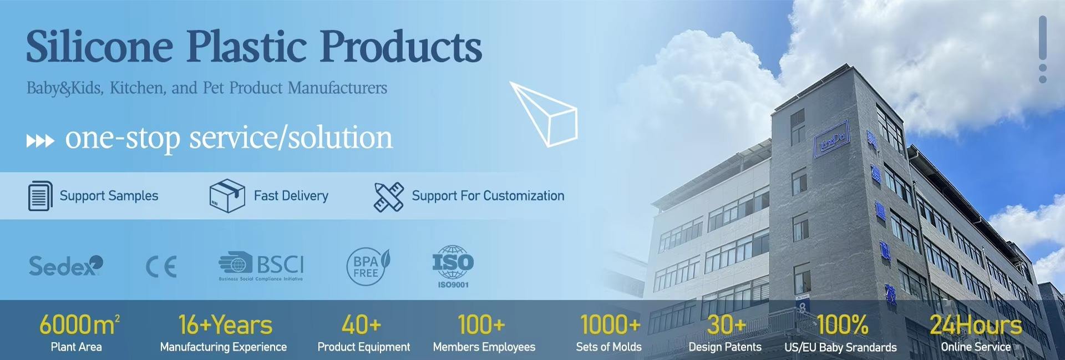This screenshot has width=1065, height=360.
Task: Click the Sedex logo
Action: click(x=65, y=266)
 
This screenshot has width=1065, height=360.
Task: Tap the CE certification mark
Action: click(x=161, y=267)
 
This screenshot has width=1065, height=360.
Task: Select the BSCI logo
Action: click(x=261, y=266)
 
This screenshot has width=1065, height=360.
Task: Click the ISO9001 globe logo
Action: click(x=453, y=266)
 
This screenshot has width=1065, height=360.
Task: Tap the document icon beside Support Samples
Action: click(x=40, y=196)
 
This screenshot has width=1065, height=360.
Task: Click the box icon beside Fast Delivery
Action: click(x=227, y=196)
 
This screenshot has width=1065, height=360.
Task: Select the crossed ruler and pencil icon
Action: click(x=389, y=197)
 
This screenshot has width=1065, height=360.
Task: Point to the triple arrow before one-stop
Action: click(x=40, y=141)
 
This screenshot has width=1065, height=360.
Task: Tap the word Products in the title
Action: click(x=401, y=47)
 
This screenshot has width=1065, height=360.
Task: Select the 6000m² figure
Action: click(x=79, y=325)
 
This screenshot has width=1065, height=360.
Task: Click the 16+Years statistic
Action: click(x=225, y=325)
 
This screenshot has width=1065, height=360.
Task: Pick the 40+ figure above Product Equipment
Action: click(x=361, y=325)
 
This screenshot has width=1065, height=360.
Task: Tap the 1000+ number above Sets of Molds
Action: click(x=610, y=325)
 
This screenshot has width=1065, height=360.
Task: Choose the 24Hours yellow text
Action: click(x=976, y=325)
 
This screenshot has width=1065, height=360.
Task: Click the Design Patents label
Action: click(x=724, y=347)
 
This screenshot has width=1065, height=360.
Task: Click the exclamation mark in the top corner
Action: click(x=1043, y=49)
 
